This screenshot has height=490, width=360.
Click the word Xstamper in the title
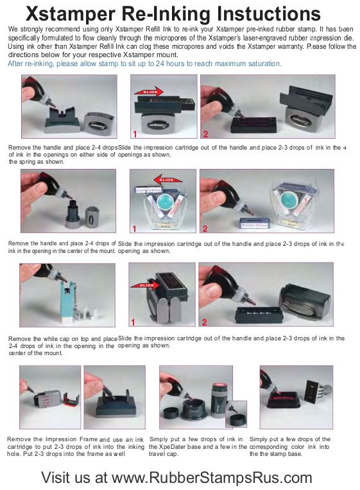[71, 14]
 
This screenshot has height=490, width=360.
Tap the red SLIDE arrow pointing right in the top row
[149, 92]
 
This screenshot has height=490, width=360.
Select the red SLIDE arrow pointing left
[167, 180]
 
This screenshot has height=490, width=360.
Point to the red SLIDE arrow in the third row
[144, 285]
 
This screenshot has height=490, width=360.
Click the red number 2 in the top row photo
[205, 134]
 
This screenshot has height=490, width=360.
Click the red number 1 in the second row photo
[134, 229]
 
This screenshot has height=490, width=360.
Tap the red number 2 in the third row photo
[205, 322]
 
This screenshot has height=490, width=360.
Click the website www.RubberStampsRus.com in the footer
[212, 478]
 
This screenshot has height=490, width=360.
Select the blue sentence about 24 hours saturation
[144, 64]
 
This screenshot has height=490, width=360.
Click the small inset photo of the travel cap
[236, 414]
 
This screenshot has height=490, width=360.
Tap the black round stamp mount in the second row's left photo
[72, 213]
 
